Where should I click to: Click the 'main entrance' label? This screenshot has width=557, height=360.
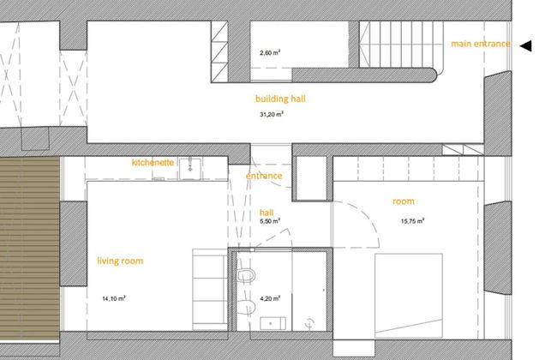(x=480, y=44)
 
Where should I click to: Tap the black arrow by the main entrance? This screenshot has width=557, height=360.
(x=526, y=45)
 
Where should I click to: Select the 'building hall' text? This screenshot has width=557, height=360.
(x=280, y=99)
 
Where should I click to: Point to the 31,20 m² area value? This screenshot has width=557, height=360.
(x=272, y=115)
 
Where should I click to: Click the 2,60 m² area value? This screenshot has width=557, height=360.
(x=270, y=53)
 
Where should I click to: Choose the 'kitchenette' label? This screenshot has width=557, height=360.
(x=153, y=162)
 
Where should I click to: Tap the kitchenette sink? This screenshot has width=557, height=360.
(x=190, y=168)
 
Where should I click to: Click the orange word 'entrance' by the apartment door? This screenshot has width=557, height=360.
(x=264, y=176)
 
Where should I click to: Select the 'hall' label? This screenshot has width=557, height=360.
(x=267, y=213)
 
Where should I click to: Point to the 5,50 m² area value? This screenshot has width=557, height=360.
(x=270, y=221)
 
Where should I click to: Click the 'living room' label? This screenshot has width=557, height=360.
(x=121, y=261)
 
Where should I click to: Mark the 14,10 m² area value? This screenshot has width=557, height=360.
(x=114, y=299)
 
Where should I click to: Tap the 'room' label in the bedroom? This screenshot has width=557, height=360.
(x=404, y=201)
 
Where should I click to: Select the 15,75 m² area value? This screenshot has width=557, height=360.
(x=412, y=221)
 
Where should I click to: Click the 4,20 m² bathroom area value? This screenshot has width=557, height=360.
(x=270, y=299)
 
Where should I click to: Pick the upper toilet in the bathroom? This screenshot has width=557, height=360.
(x=246, y=275)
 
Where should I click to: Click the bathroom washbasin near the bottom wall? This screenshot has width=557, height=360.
(x=273, y=323)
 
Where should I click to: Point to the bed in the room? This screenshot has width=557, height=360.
(x=409, y=296)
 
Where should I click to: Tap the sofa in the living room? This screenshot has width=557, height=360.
(x=210, y=290)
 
